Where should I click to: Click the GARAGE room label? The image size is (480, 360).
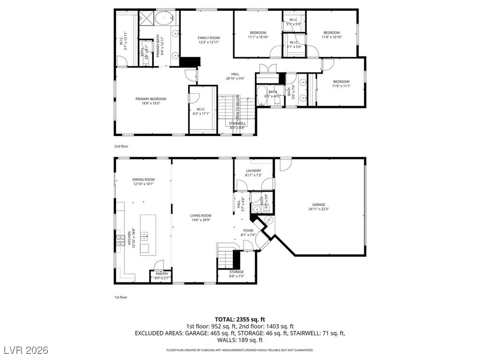tap(319, 205)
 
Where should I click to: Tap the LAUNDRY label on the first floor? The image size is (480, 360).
tap(253, 171)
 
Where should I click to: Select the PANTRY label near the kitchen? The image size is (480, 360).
tap(162, 274)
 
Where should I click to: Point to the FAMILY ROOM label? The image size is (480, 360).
tap(209, 38)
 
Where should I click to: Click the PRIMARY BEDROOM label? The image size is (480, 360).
tap(150, 99)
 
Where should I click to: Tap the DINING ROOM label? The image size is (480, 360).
tap(143, 180)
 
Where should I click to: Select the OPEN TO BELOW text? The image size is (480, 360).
tap(238, 107)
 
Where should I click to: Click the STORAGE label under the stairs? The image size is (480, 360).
tap(236, 272)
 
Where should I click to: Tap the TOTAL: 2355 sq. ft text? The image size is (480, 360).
tap(240, 319)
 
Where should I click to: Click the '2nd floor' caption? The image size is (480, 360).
tap(121, 146)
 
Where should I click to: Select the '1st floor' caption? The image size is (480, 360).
tap(121, 297)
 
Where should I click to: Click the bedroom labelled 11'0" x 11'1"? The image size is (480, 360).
tap(341, 82)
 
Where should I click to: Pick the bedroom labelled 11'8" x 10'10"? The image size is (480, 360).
tap(331, 33)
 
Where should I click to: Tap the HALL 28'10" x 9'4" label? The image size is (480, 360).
tap(235, 74)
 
